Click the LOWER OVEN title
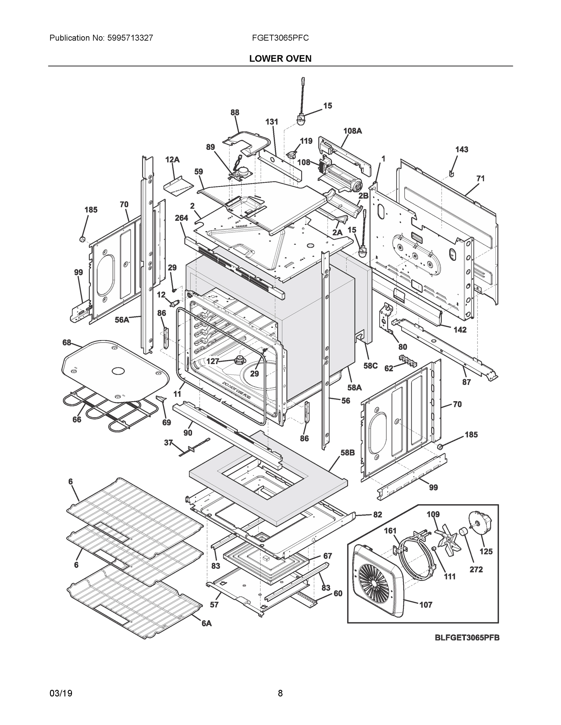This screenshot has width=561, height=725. pyautogui.click(x=280, y=59)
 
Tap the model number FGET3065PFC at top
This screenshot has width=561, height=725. pyautogui.click(x=280, y=38)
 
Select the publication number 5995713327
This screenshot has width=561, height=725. pyautogui.click(x=130, y=38)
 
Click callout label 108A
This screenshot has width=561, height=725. pyautogui.click(x=352, y=131)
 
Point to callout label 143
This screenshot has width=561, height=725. pyautogui.click(x=462, y=150)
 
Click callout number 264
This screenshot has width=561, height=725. pyautogui.click(x=181, y=218)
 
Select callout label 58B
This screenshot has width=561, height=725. pyautogui.click(x=347, y=453)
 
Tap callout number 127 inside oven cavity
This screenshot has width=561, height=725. pyautogui.click(x=213, y=361)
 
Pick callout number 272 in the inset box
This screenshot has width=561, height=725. pyautogui.click(x=476, y=570)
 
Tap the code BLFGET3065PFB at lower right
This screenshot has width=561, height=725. pyautogui.click(x=467, y=638)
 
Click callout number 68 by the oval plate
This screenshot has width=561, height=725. pyautogui.click(x=67, y=343)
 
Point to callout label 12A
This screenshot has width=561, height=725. pyautogui.click(x=172, y=160)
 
